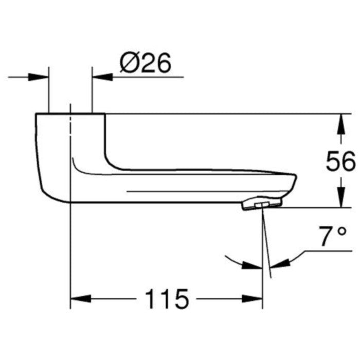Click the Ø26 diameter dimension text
(x=145, y=64)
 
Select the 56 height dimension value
(x=340, y=162)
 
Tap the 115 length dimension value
(x=167, y=299)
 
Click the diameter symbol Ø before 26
(x=129, y=64)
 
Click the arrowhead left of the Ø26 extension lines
(x=40, y=78)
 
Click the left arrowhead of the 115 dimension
(x=79, y=299)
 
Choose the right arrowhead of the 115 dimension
(x=254, y=299)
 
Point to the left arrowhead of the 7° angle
(x=254, y=265)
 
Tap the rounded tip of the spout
(x=295, y=181)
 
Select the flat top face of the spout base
(x=70, y=114)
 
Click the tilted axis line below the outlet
(x=265, y=242)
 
